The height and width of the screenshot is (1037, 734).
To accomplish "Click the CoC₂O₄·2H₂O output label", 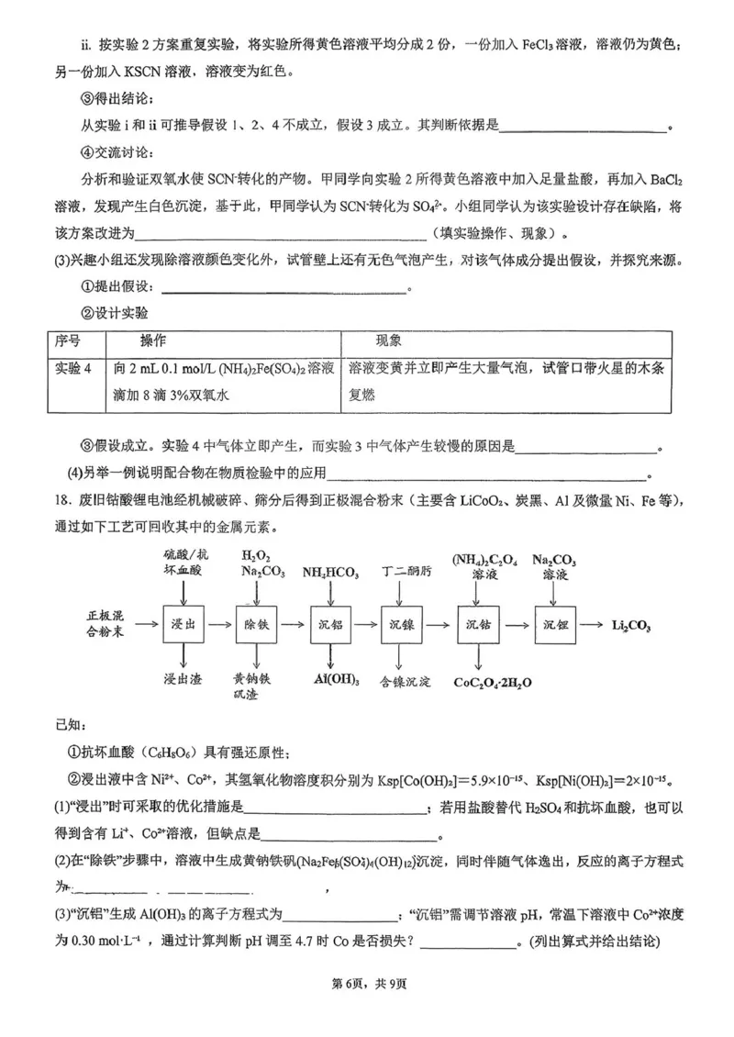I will (506, 683).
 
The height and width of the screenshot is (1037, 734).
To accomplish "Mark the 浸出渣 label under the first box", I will (181, 679).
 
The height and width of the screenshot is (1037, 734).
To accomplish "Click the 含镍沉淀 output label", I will (405, 681).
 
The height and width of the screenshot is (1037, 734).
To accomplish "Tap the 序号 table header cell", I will (68, 340).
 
